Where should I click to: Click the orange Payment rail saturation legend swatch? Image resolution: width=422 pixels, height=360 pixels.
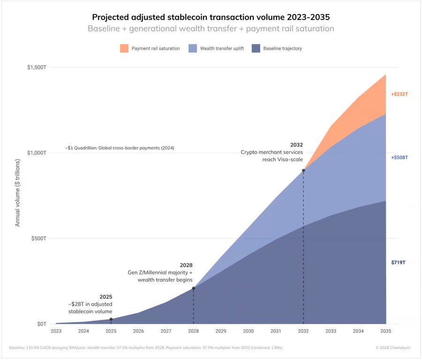pos(124,48)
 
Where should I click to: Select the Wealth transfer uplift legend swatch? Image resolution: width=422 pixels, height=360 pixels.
pos(192,48)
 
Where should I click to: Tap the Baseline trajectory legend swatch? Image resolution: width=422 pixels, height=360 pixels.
pos(256,48)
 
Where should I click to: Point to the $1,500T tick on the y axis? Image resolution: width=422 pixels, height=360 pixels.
pos(37,67)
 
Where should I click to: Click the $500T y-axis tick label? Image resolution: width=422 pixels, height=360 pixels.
pos(38,238)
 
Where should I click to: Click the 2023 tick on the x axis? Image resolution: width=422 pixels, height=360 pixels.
pos(56,331)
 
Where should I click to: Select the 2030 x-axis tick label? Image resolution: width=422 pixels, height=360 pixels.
pos(249,331)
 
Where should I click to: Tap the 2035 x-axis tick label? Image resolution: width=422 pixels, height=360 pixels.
pos(386,331)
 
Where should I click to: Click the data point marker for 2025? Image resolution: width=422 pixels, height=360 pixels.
pos(111,319)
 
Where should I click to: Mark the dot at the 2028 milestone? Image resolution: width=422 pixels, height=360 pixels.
pos(194,288)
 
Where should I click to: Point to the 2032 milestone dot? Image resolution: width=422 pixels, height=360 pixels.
pos(303,170)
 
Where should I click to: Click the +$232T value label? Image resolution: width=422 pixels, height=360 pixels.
pos(399,94)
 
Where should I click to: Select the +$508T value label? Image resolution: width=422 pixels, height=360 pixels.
pos(399,157)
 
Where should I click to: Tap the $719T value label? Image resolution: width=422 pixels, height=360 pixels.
pos(399,262)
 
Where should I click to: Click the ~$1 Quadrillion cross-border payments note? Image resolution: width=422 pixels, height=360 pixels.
pos(120,148)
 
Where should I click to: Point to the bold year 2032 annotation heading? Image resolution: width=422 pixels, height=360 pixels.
pos(296,145)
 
